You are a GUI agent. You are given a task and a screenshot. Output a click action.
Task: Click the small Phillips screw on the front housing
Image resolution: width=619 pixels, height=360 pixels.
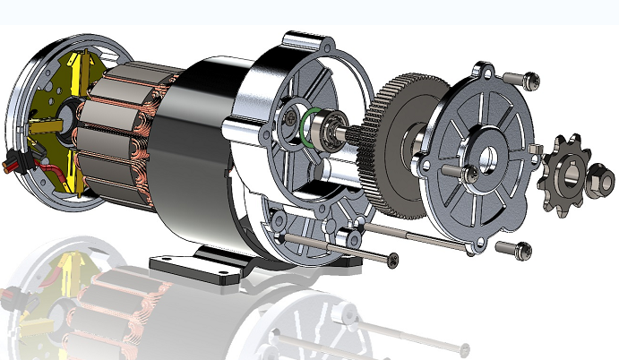289,116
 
